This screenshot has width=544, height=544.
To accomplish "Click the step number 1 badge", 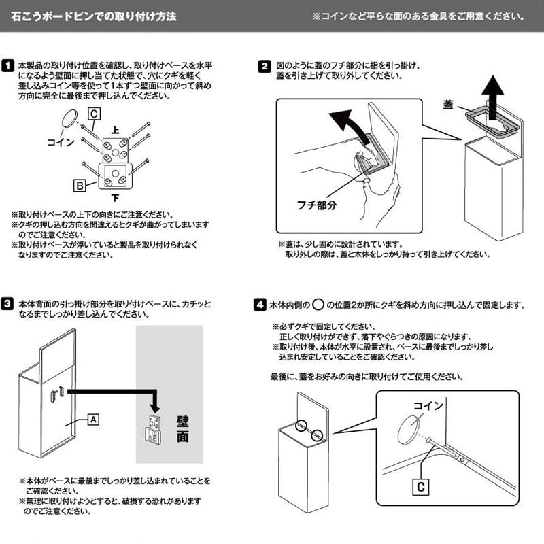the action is coord(7,65).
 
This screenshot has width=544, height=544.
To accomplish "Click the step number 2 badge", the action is coord(265,66).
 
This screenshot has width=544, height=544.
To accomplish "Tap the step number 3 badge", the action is coord(7,303).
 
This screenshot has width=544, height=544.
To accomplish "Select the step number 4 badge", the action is coord(260,305).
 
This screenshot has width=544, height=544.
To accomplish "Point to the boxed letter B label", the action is coord(80,186).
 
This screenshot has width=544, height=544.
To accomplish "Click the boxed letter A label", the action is coord(93,420).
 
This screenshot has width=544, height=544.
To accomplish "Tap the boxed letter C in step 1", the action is coord(94,114).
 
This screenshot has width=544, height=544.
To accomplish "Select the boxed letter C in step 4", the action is coord(421,487).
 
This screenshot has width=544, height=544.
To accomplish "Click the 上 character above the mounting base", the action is coord(115,131).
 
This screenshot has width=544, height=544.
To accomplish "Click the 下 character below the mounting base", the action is coord(115,198).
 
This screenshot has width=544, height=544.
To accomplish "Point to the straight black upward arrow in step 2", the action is coord(492,98).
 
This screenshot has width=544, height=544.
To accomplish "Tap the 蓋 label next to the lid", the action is coord(448,104).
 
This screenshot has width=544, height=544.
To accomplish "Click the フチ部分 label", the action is coord(317,205).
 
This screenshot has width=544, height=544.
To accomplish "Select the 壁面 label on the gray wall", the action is coord(182,429).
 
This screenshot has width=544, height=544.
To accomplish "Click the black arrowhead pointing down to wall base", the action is coord(156,407).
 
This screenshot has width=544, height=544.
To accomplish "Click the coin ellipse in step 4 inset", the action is coord(408,430).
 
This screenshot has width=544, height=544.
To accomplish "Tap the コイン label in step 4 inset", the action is coord(428,405).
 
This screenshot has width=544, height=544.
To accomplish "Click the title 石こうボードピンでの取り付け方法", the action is coord(94,16).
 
